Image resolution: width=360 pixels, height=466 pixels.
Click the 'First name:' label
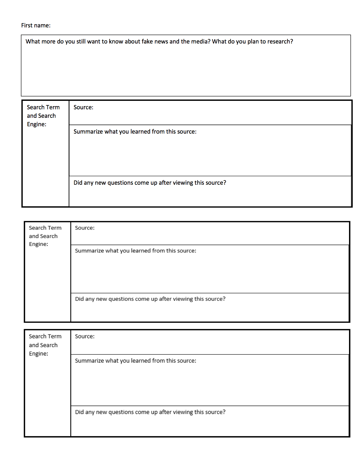(x=36, y=25)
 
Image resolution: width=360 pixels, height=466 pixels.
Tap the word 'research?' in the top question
(x=280, y=42)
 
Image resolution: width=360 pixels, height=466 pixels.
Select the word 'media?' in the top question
(x=201, y=42)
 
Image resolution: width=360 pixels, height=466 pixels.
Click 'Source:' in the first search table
(x=83, y=107)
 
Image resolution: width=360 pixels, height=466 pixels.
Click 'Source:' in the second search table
(x=85, y=228)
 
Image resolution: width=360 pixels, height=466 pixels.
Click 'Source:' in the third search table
(x=85, y=336)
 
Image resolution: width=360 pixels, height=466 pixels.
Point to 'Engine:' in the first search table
(x=36, y=124)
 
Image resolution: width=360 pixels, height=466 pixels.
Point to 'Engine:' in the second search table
(x=38, y=244)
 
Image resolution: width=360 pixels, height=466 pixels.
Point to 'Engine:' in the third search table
(x=38, y=354)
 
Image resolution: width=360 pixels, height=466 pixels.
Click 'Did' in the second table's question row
(x=79, y=299)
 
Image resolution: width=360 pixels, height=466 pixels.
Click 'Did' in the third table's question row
(x=79, y=412)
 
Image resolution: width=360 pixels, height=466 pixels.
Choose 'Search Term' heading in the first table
(x=43, y=107)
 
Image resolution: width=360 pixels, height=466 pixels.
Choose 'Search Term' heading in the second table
(x=45, y=228)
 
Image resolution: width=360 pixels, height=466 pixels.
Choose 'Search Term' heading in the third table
(x=45, y=336)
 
